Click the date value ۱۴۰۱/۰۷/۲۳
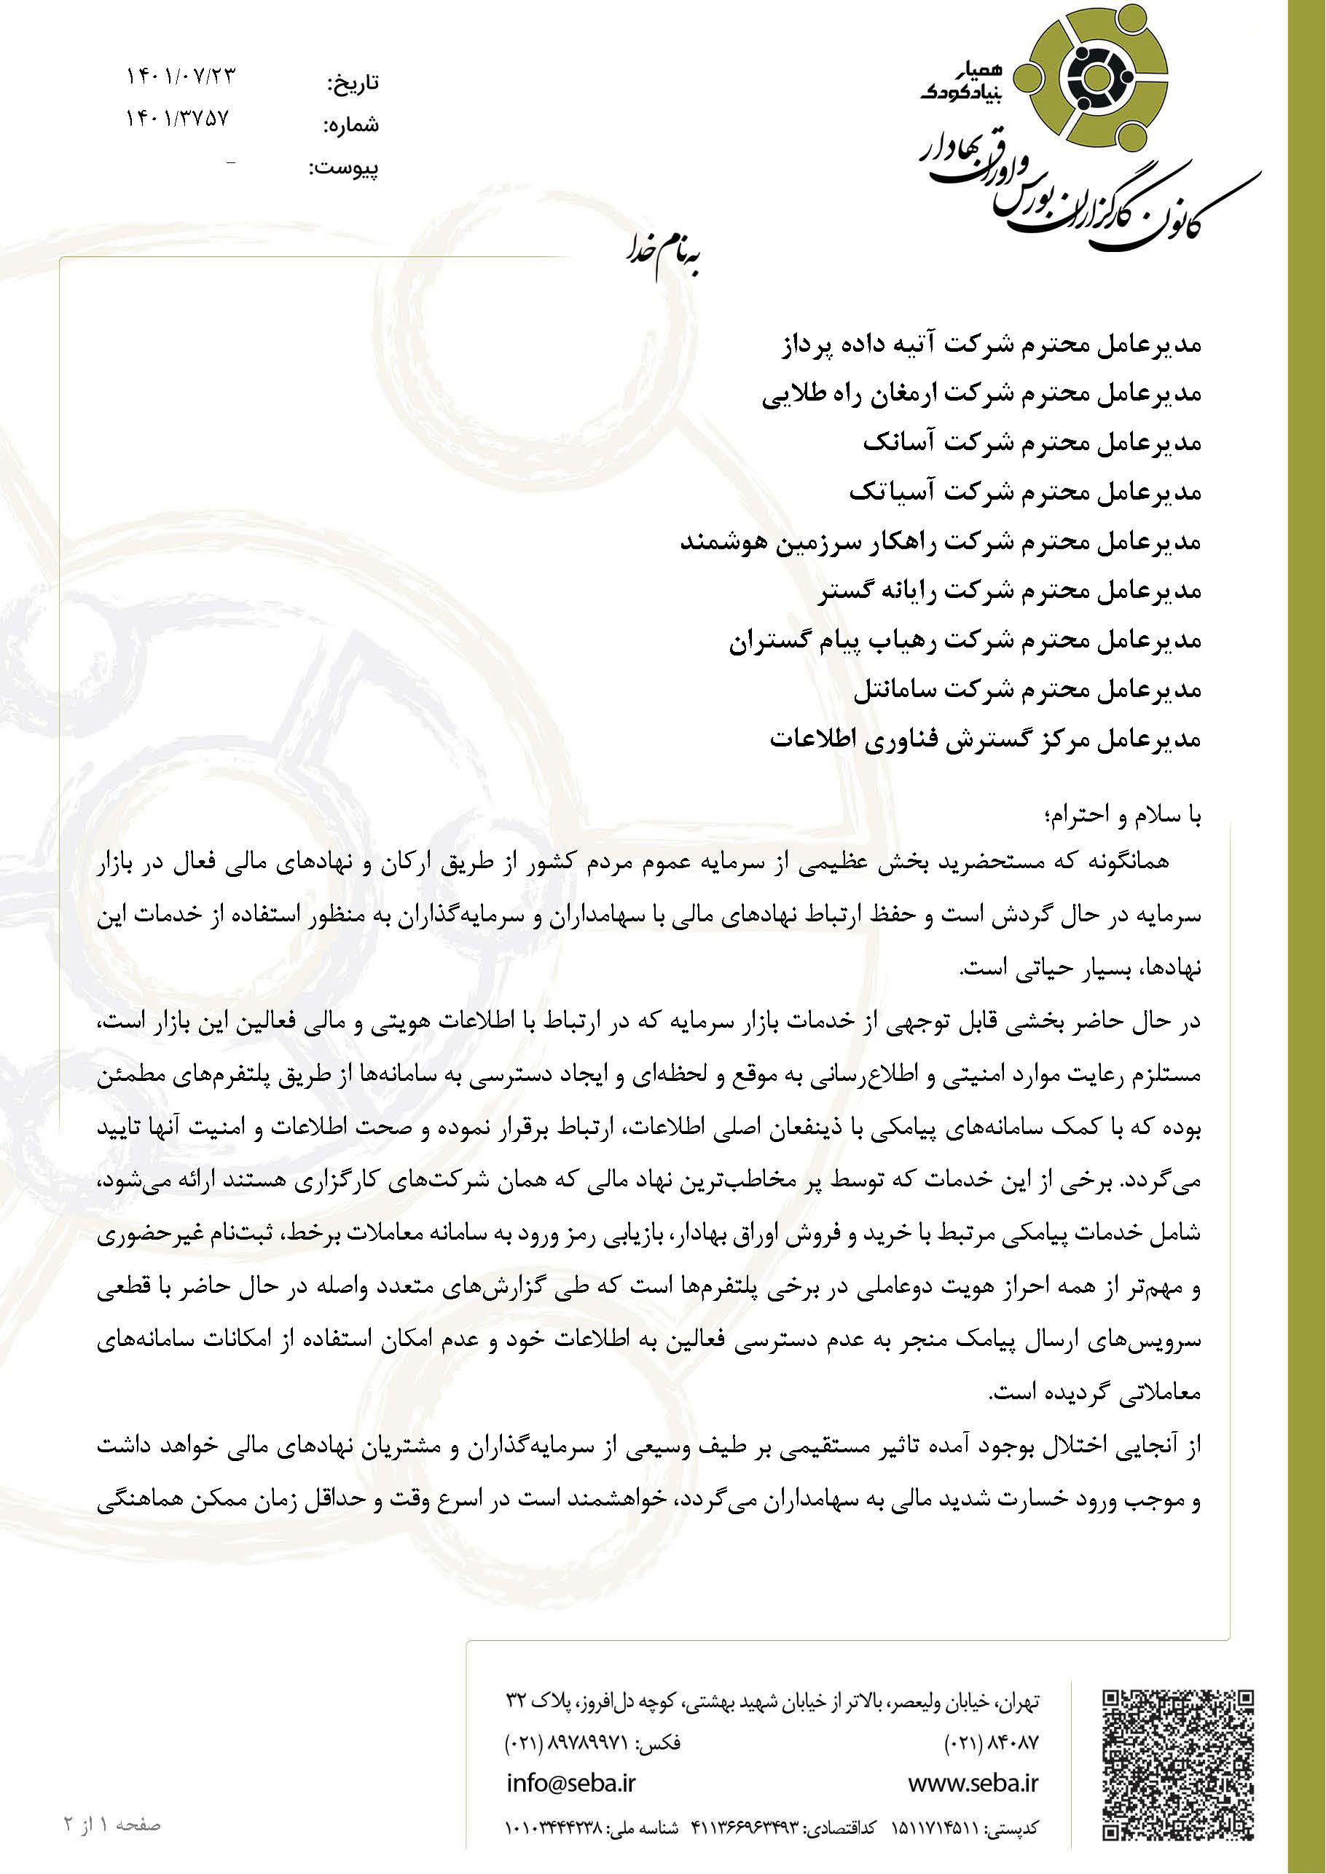tap(181, 76)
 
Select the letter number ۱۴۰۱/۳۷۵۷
tap(177, 119)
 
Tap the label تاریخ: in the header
tap(353, 83)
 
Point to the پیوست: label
tap(343, 169)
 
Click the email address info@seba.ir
tap(570, 1782)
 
